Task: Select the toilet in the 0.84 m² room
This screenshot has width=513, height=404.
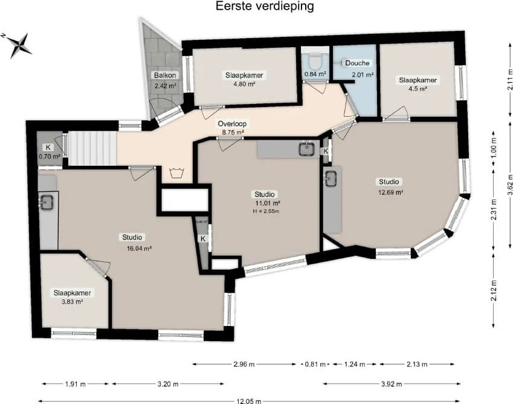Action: (x=314, y=60)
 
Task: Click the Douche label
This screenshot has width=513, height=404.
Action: (x=357, y=63)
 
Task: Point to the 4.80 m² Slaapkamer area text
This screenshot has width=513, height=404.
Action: (x=245, y=84)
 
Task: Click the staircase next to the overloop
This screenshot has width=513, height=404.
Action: (x=91, y=148)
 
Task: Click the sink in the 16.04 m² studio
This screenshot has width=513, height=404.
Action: (x=47, y=202)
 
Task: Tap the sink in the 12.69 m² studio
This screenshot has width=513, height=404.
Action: (x=331, y=178)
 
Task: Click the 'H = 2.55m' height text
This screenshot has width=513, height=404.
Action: (x=266, y=212)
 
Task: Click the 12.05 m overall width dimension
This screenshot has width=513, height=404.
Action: (x=256, y=401)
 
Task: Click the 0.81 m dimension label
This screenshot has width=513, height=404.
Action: (x=314, y=365)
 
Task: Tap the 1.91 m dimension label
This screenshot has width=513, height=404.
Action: (x=76, y=384)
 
